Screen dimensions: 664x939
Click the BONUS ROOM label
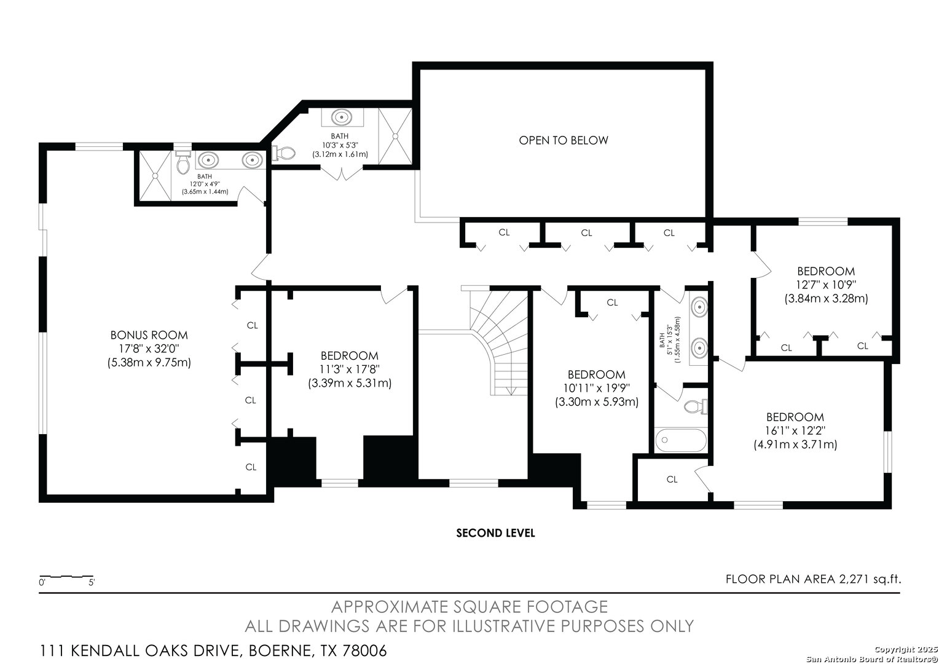coord(149,336)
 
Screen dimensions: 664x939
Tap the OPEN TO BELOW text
coord(563,140)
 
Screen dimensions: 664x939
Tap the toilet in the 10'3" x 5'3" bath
coord(283,151)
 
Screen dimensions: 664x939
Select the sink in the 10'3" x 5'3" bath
coord(340,117)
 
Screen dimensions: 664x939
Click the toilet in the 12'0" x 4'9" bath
coord(183,163)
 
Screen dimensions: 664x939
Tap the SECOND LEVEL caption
coord(495,533)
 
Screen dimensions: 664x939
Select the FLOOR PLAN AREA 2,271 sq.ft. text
coord(812,579)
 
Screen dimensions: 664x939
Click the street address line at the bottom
coord(213,650)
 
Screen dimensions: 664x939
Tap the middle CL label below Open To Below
coord(586,232)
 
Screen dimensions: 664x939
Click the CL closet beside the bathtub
coord(672,479)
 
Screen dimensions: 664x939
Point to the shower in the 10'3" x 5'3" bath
coord(394,135)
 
